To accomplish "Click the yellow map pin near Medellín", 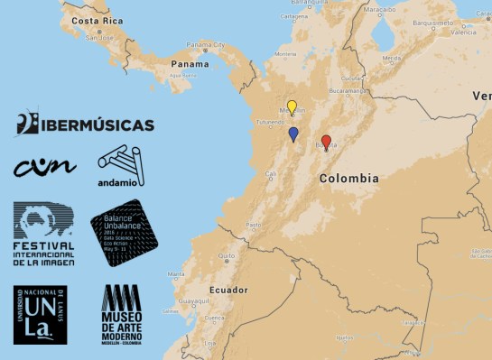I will [x=292, y=107].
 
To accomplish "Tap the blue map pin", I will [x=293, y=134].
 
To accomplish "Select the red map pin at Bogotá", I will [x=326, y=142].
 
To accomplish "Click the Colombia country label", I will [x=348, y=179].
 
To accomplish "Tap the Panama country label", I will [x=190, y=64].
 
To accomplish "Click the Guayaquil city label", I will [x=195, y=300].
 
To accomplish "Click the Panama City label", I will [x=204, y=43].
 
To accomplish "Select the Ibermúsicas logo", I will [x=84, y=124].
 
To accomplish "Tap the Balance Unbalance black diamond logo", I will [x=124, y=232].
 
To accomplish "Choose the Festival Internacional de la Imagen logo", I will [x=43, y=234].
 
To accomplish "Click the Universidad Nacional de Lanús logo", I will [x=40, y=315].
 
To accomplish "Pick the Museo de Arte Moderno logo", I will [x=121, y=314].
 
